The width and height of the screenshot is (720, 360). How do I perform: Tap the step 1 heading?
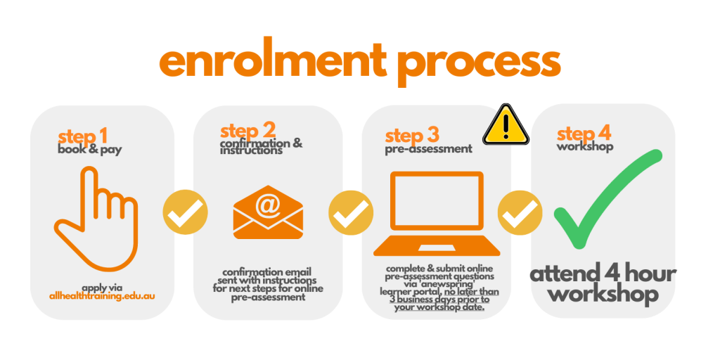tap(83, 136)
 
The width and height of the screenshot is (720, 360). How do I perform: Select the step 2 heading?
tap(248, 131)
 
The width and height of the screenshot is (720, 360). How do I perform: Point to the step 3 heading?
tap(412, 136)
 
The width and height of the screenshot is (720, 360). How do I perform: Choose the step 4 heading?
tap(584, 134)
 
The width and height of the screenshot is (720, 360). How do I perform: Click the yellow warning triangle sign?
tap(506, 125)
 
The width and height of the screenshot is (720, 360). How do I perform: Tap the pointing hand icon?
tap(96, 219)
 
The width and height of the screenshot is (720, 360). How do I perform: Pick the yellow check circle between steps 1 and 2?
tap(185, 212)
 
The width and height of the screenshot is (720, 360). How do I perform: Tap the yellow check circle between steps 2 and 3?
tap(351, 212)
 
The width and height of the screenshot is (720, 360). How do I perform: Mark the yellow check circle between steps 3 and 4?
tap(520, 212)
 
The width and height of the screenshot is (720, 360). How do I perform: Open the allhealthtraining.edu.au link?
tap(103, 296)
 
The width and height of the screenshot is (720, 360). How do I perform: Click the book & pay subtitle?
tap(90, 150)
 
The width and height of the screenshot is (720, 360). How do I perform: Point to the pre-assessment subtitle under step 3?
tap(428, 149)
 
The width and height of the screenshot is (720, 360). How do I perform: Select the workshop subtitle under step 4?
tap(585, 148)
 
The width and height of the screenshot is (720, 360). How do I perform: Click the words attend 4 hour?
tap(603, 275)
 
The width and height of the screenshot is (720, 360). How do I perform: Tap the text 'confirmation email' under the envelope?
tap(266, 272)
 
